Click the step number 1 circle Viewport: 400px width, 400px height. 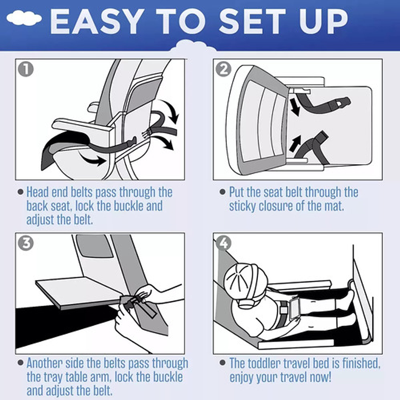point(26,69)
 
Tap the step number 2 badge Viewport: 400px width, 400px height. point(224,69)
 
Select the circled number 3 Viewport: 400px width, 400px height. point(26,243)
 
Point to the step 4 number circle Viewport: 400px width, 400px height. point(224,243)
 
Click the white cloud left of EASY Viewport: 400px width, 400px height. point(24,18)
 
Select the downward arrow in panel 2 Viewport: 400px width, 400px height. point(295,107)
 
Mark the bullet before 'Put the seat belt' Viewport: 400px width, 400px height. point(223,192)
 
